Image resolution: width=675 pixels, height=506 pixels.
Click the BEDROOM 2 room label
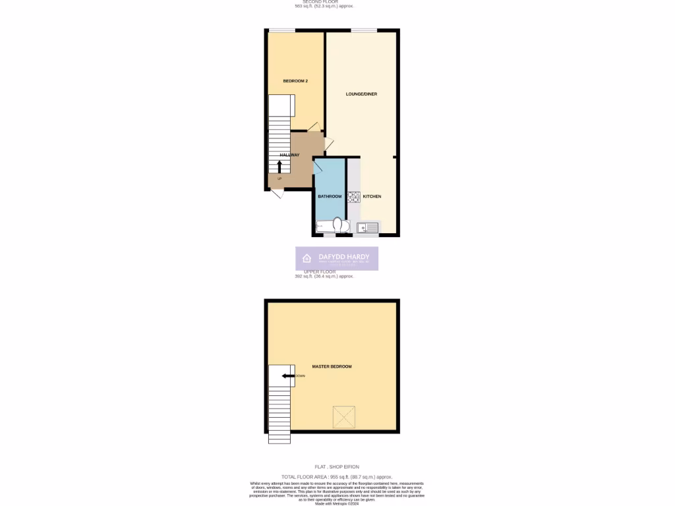coord(295,81)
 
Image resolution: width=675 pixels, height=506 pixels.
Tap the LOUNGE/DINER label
coord(361,94)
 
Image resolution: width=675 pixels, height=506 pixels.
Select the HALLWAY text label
coord(289,155)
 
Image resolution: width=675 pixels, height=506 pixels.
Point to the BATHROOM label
coord(330,196)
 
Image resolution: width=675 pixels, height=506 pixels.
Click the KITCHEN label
coord(372,196)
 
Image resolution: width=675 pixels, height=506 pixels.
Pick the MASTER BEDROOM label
coord(332,366)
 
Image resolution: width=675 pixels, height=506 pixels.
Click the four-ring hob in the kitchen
coord(353,196)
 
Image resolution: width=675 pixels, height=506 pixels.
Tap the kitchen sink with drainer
coord(368,228)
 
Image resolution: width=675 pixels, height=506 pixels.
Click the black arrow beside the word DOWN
coord(287,376)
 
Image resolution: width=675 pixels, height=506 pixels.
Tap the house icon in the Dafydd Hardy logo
coord(307,258)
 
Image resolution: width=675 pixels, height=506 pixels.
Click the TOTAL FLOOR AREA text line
coord(337,476)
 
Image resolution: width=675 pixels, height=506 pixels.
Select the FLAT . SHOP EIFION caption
coord(337,466)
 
